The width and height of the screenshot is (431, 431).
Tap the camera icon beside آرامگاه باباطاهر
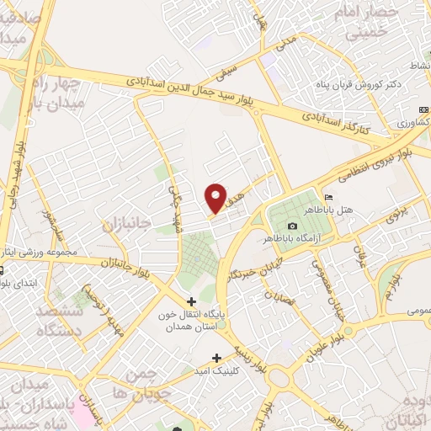[292, 226]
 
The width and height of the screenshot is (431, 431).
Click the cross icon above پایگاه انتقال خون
[191, 301]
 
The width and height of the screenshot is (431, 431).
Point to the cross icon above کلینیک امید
[219, 358]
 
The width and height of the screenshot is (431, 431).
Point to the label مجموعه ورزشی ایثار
[39, 252]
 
